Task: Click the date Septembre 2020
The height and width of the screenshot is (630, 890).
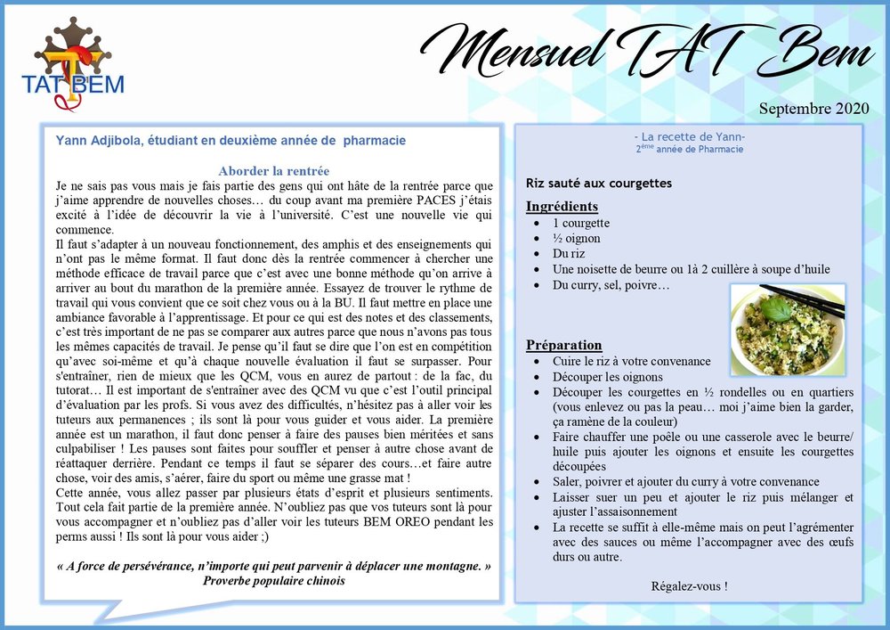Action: [813, 110]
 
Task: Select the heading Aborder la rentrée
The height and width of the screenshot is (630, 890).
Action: [273, 170]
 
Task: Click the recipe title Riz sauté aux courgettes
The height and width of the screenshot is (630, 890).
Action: [599, 183]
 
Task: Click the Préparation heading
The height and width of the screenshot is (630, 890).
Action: [563, 345]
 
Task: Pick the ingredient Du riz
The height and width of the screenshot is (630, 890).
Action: [569, 253]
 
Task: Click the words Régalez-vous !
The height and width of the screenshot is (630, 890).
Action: [689, 585]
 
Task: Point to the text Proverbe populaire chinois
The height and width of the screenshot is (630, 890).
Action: [273, 580]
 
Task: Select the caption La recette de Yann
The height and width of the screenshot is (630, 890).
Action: [690, 136]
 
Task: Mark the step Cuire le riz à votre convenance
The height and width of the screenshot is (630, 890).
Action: [631, 361]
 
